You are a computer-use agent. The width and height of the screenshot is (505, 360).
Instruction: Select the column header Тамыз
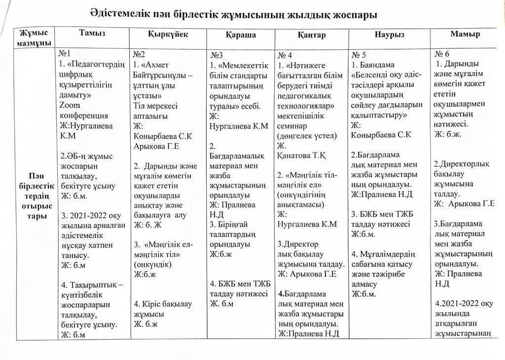pyautogui.click(x=92, y=34)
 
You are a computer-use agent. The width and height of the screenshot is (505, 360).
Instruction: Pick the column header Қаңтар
pyautogui.click(x=311, y=36)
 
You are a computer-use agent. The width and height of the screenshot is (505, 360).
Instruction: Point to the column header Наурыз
pyautogui.click(x=389, y=36)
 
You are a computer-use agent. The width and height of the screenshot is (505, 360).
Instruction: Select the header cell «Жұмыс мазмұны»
pyautogui.click(x=35, y=38)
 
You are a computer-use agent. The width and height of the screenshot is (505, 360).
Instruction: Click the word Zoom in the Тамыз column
pyautogui.click(x=70, y=105)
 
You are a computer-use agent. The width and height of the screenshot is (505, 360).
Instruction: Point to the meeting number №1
pyautogui.click(x=65, y=53)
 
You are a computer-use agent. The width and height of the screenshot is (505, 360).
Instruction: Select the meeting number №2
pyautogui.click(x=139, y=54)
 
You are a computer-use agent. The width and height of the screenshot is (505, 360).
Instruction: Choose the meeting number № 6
pyautogui.click(x=441, y=54)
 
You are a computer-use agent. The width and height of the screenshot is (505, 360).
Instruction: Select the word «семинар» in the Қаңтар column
pyautogui.click(x=295, y=125)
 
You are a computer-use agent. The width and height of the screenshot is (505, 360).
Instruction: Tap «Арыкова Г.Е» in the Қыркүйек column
pyautogui.click(x=156, y=146)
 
